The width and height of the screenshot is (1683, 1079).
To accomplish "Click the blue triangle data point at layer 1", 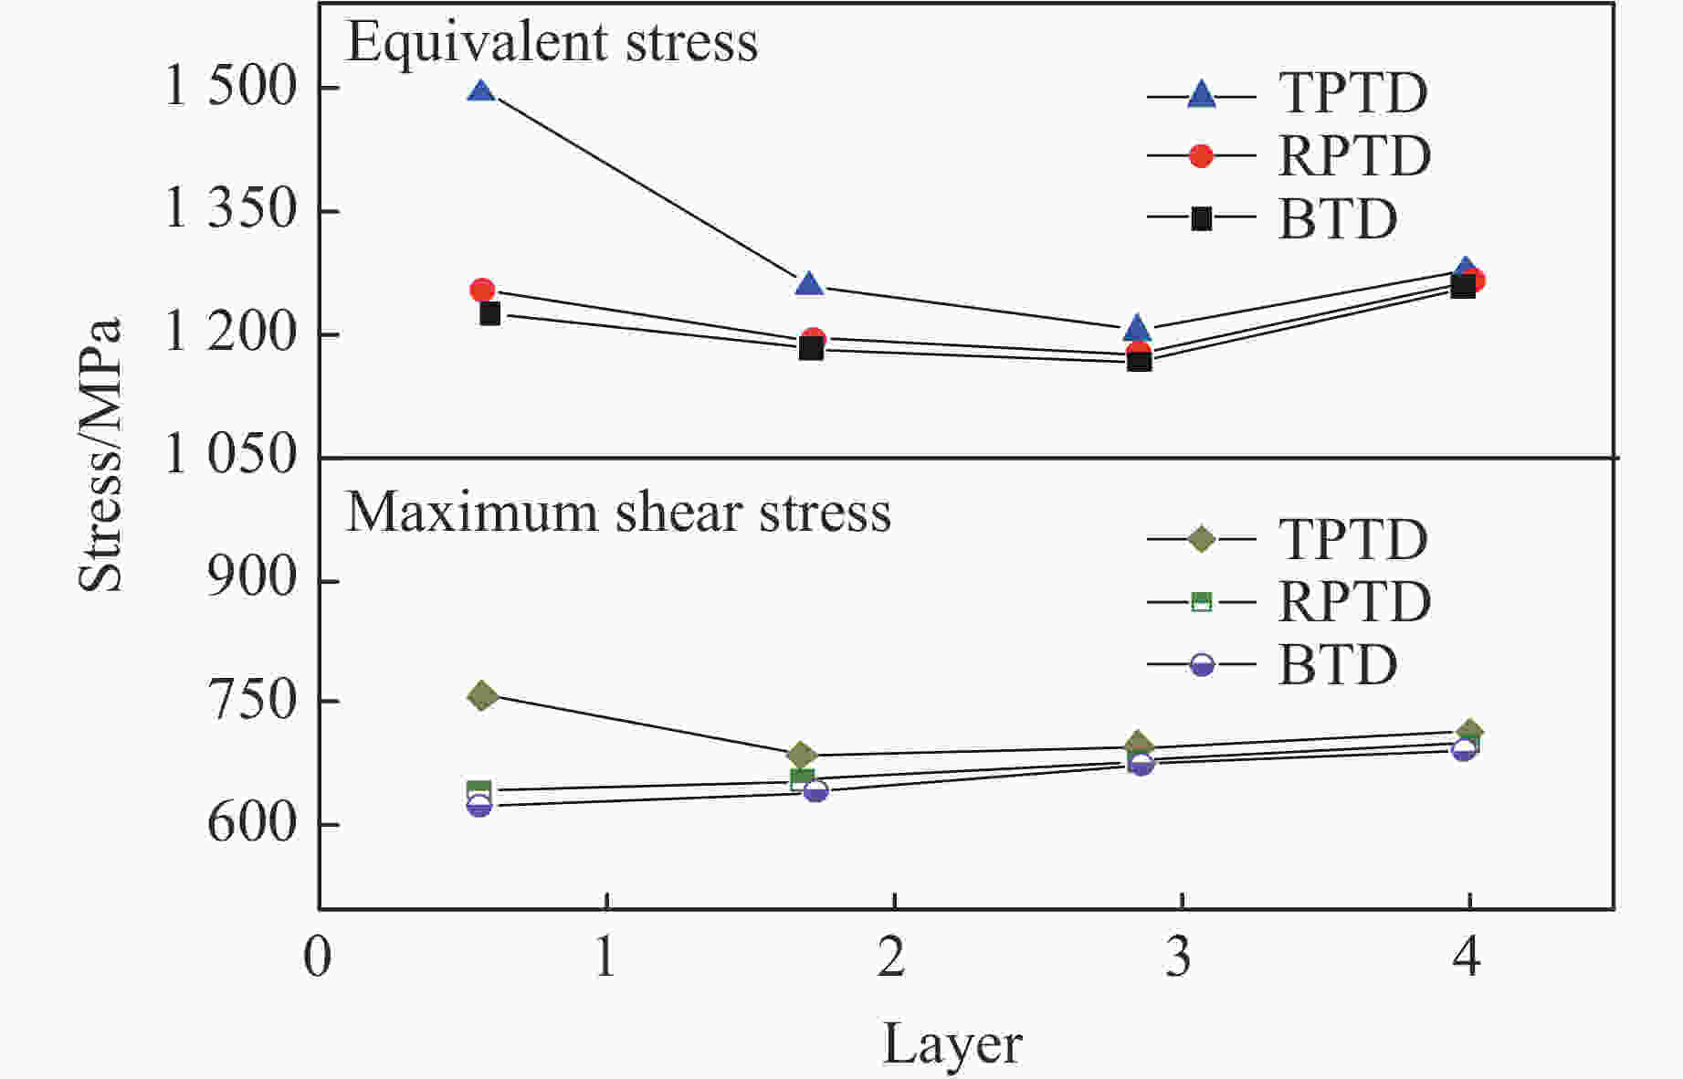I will click(481, 91).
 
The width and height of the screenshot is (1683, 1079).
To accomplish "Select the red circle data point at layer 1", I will click(482, 291).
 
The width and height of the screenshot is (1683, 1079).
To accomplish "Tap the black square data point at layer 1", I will click(490, 313).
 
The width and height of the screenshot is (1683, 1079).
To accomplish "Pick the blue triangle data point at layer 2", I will click(809, 284).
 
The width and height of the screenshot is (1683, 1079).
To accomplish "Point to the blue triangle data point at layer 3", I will click(1137, 328).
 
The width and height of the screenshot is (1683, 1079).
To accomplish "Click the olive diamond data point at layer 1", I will click(483, 696).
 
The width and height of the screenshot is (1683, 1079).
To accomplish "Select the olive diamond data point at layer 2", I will click(801, 756).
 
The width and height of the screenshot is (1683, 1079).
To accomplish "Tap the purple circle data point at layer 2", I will click(815, 790).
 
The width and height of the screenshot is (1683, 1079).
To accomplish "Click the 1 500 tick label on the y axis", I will click(232, 89).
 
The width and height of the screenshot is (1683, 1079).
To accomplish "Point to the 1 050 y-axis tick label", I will click(232, 454).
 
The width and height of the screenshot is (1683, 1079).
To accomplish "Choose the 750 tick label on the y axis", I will click(253, 701).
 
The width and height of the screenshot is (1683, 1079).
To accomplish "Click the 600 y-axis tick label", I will click(253, 823).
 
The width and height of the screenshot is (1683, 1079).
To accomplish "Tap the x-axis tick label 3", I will click(1179, 958).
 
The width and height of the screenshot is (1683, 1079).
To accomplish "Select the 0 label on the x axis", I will click(318, 958).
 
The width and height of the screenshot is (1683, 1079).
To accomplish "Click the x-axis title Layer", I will click(952, 1044).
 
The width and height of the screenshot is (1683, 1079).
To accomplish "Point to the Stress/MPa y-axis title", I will click(100, 454).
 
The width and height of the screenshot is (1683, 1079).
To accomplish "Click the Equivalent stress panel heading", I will click(552, 42).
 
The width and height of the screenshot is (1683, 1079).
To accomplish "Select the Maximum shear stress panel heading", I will click(618, 513).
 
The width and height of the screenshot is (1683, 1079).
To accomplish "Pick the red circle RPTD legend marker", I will click(1202, 156).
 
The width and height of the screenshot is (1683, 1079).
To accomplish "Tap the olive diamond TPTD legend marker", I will click(1202, 539).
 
